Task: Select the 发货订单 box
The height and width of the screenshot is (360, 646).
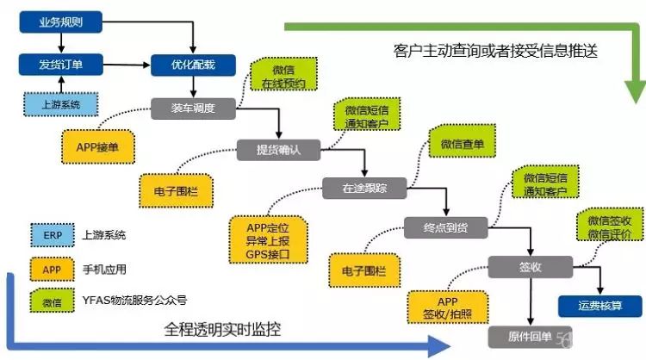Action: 59,65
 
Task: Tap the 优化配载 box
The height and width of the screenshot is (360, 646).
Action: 194,65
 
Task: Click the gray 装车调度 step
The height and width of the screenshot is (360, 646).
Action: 194,108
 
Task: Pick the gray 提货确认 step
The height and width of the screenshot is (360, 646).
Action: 278,149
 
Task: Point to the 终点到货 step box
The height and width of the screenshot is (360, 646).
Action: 446,227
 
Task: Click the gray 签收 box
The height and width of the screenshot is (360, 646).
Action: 530,267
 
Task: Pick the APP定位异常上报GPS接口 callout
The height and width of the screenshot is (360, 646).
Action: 268,240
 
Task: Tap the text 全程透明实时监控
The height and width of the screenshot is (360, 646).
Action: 223,330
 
